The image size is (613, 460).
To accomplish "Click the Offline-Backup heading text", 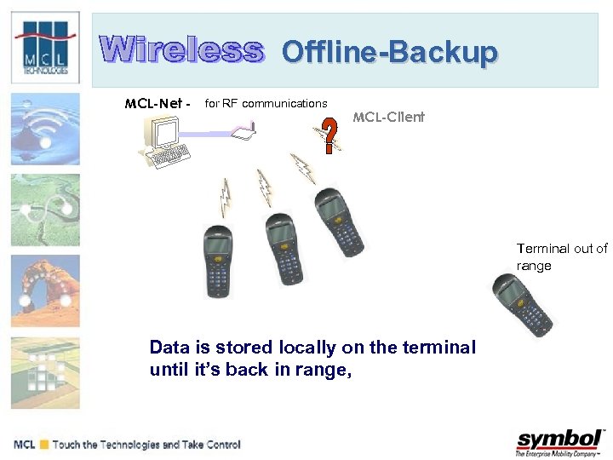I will (x=389, y=53).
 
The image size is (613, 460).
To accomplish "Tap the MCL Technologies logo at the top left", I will (x=46, y=48).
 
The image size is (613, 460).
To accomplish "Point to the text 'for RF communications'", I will (x=266, y=104).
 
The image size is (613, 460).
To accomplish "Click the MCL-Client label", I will (x=388, y=117).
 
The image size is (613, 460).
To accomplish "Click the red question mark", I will (x=330, y=135).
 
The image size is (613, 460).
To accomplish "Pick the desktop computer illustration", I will (x=169, y=140).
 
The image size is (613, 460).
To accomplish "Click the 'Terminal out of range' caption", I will (x=562, y=257).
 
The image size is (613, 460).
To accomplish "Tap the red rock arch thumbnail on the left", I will (x=46, y=290).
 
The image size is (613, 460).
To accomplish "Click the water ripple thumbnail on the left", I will (x=46, y=128).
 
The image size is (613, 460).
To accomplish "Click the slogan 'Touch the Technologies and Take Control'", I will (x=146, y=445).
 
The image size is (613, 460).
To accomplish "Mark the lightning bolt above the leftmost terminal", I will (x=226, y=197).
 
